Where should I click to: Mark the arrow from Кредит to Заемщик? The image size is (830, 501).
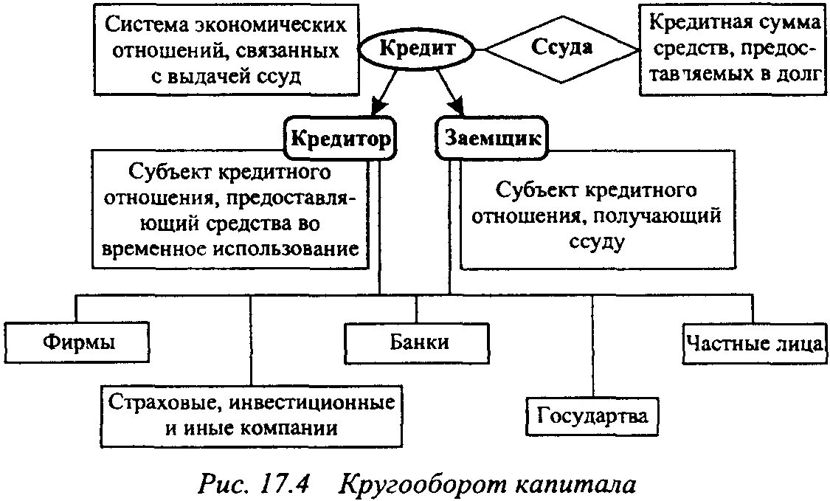451,91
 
